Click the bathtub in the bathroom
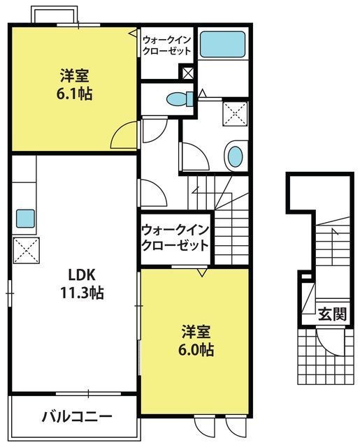[x=222, y=45]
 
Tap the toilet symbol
[x=180, y=99]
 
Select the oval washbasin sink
[x=236, y=156]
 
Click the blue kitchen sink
[x=25, y=219]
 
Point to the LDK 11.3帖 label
[x=82, y=284]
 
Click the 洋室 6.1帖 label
[x=74, y=85]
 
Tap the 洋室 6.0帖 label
[x=196, y=341]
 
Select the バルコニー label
[x=77, y=417]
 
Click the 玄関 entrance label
[x=332, y=314]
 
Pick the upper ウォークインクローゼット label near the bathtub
[x=167, y=45]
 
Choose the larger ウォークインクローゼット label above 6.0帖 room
[x=175, y=238]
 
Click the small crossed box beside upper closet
[x=188, y=73]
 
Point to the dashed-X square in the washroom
[x=236, y=113]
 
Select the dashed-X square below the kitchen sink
[x=27, y=250]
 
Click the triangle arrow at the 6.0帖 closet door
[x=202, y=272]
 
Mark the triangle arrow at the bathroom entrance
[x=202, y=93]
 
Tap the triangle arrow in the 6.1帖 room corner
[x=133, y=33]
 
